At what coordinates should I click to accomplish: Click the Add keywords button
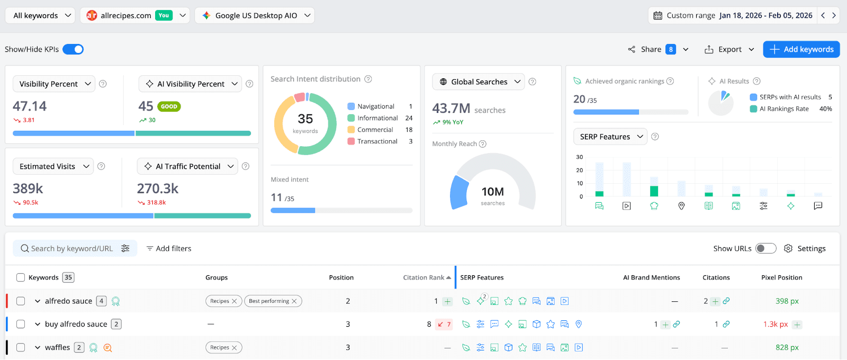click(x=801, y=49)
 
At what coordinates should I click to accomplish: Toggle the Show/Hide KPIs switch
click(x=73, y=49)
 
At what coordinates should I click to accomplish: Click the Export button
click(x=729, y=49)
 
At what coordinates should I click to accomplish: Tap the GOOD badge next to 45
click(x=169, y=106)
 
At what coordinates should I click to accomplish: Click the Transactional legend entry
click(x=377, y=141)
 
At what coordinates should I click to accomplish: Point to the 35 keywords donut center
click(x=305, y=123)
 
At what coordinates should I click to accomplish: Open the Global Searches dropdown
click(x=479, y=82)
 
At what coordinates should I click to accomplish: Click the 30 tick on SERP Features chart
click(x=580, y=157)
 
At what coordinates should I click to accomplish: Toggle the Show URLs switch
click(x=765, y=248)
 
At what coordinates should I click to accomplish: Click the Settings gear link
click(x=805, y=248)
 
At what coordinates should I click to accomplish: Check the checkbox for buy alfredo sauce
click(x=21, y=324)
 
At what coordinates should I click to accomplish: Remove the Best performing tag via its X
click(x=295, y=301)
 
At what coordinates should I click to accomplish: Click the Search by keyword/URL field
click(x=71, y=248)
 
